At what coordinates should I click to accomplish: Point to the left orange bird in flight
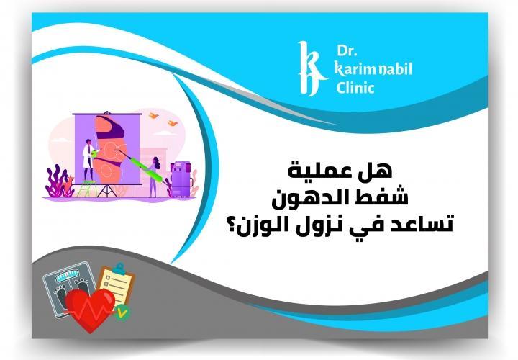(x=153, y=115)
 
